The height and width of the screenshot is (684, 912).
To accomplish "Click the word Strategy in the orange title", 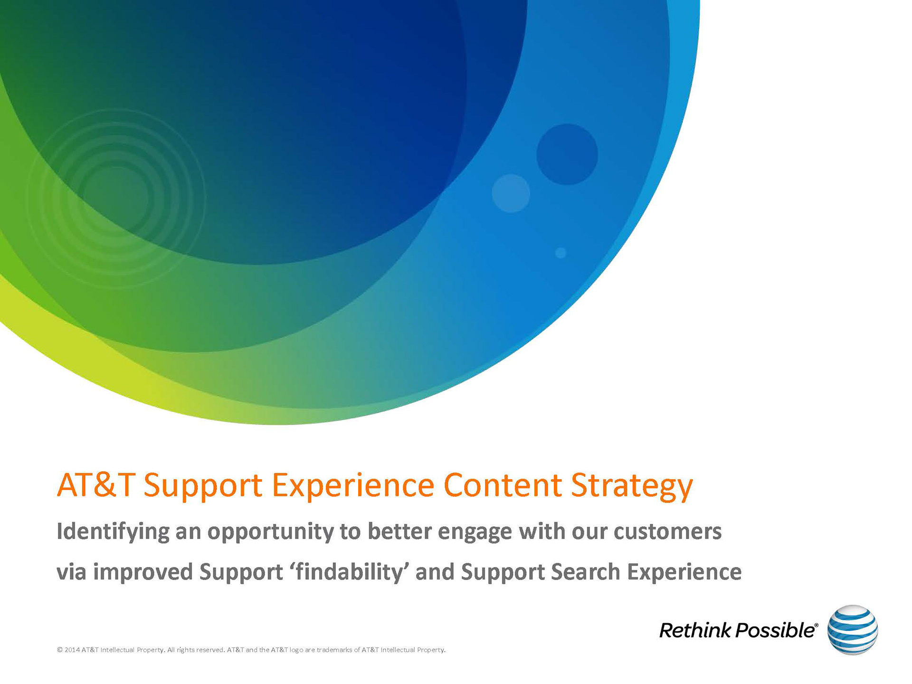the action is [632, 486].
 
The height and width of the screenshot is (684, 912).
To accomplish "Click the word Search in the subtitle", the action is [585, 571].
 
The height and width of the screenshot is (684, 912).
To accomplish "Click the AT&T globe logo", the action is [852, 630].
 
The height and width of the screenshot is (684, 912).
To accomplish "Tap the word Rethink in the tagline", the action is [695, 630].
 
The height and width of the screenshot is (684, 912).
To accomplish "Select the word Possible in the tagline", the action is [775, 630].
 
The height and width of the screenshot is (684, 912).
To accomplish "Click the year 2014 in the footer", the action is [72, 650].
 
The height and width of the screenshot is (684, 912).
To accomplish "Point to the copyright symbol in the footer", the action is [60, 650].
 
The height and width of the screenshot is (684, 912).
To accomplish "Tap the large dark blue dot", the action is [567, 154].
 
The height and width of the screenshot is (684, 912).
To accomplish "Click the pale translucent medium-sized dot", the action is [511, 193].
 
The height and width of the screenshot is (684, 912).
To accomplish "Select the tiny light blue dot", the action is [561, 253].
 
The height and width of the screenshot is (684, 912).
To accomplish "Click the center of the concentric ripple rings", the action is [116, 199].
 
